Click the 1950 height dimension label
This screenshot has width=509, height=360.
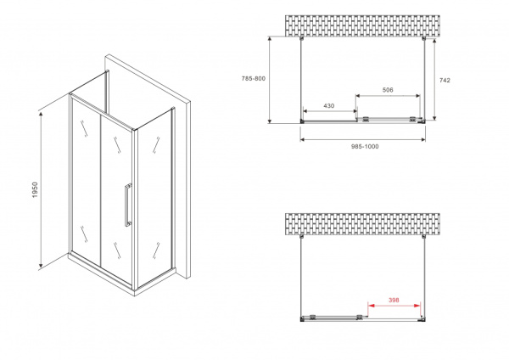tap(35, 190)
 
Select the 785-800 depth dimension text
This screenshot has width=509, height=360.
tap(253, 79)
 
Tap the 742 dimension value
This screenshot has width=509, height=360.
tap(445, 81)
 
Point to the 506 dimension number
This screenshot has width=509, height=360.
tap(388, 90)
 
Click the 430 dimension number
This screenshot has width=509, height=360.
tap(329, 106)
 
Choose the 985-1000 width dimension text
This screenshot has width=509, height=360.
tap(365, 147)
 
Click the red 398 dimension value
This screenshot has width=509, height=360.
tap(394, 301)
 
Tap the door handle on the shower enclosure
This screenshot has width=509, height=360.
tap(128, 205)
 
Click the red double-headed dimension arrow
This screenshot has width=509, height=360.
tap(394, 306)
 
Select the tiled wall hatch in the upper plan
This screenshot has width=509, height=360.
tap(362, 25)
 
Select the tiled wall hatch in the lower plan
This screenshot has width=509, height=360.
tap(362, 224)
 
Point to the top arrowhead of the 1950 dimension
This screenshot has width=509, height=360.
tap(41, 114)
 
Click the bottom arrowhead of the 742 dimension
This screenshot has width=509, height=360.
tap(434, 117)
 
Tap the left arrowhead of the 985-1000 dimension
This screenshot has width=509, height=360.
tap(303, 140)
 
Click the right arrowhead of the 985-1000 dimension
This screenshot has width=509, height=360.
tap(422, 140)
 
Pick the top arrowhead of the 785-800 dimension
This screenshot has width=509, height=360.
tap(270, 39)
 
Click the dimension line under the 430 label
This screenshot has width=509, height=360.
tap(329, 111)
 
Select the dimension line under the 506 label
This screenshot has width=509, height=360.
tap(388, 96)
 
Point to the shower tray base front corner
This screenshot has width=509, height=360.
tap(134, 294)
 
